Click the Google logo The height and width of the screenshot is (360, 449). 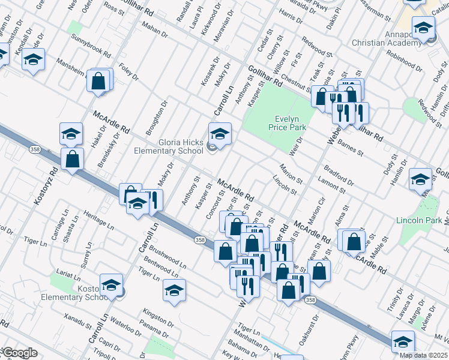[x=20, y=353]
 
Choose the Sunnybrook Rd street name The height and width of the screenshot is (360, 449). [x=91, y=49]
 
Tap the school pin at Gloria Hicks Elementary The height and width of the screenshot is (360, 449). [x=219, y=134]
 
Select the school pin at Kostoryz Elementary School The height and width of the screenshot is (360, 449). [x=111, y=285]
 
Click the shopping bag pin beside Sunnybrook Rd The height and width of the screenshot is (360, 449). [x=98, y=80]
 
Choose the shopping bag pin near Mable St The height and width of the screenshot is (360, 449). [x=355, y=241]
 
